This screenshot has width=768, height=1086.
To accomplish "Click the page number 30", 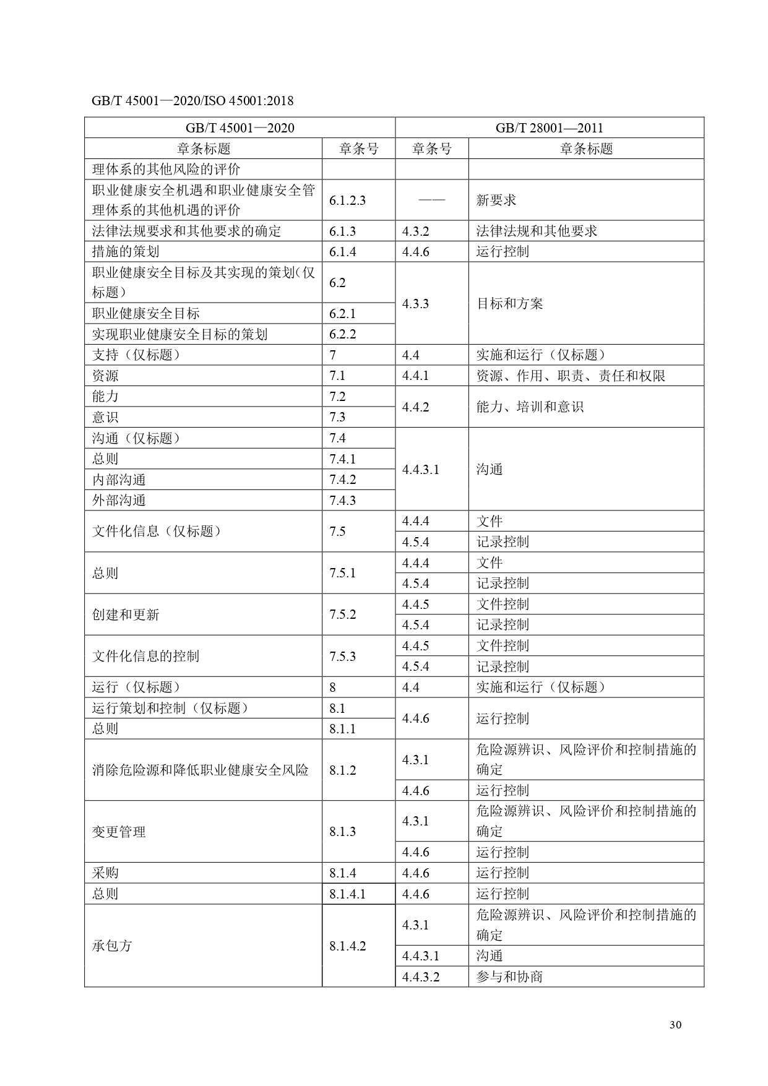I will (x=675, y=1025).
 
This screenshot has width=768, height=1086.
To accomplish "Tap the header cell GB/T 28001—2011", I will (x=549, y=128).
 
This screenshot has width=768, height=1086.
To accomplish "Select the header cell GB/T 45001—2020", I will (x=239, y=128).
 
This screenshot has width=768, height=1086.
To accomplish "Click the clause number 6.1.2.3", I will (x=347, y=200).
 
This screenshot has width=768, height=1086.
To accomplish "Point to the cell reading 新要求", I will (x=496, y=200).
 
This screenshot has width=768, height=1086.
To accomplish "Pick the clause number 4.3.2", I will (x=415, y=231).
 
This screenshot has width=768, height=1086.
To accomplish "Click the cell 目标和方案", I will (x=509, y=304).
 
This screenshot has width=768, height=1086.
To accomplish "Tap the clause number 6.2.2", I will (x=342, y=335).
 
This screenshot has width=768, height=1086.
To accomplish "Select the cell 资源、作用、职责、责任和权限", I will (x=570, y=376).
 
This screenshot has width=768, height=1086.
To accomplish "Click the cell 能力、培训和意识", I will (x=530, y=407).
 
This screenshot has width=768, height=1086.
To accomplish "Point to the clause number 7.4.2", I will (x=342, y=480).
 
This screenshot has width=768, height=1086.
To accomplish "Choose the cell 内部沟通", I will (x=119, y=480).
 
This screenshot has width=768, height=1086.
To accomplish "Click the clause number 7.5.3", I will (x=342, y=657).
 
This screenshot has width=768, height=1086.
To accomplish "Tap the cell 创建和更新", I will (x=126, y=614).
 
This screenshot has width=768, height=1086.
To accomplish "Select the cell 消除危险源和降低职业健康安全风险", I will (x=200, y=770).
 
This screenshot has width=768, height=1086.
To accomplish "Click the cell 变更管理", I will (x=119, y=832).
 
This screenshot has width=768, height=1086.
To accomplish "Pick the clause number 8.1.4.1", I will (x=347, y=894).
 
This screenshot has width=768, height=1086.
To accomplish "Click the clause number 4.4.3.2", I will (x=420, y=977).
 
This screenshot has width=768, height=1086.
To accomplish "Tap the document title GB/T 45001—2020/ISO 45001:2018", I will (x=192, y=101).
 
